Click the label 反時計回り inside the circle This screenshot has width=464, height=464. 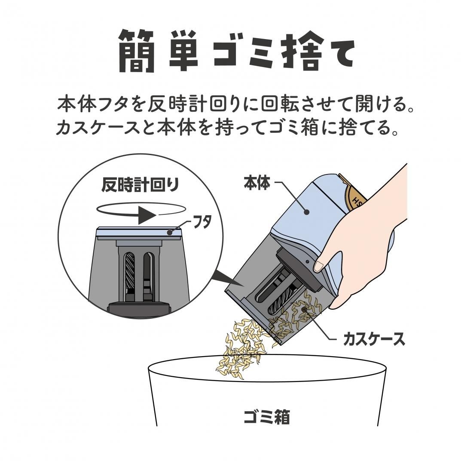[140, 186]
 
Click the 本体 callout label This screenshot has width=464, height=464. [256, 183]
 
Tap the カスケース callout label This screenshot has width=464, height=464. [374, 339]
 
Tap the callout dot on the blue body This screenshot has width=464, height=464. [307, 211]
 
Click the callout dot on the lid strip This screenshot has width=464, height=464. [171, 232]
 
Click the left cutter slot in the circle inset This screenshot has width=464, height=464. [129, 275]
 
